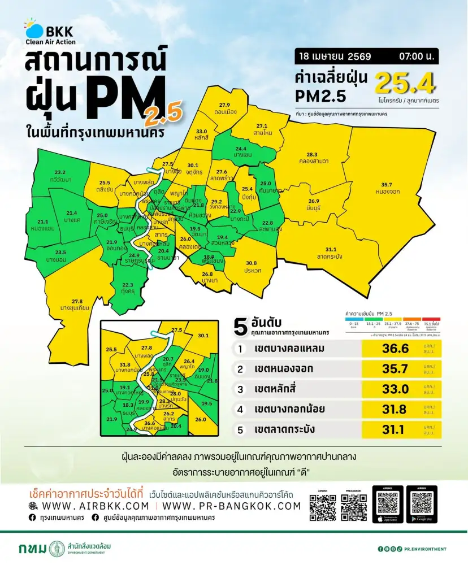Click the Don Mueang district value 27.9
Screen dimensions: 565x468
[x=224, y=105]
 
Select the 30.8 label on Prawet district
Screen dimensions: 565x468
[x=252, y=263]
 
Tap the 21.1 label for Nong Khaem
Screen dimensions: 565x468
[x=42, y=222]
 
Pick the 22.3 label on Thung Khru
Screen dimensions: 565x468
[x=128, y=285]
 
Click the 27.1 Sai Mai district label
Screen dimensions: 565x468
[x=262, y=126]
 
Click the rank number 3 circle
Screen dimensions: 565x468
[x=240, y=389]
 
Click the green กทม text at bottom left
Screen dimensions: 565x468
[x=32, y=549]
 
